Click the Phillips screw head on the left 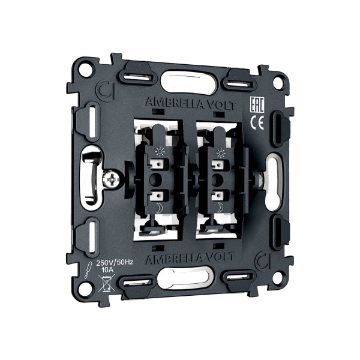pos(110,179)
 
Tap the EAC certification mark pos(257,105)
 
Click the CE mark pos(257,122)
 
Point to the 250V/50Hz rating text pos(115,262)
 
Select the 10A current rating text pos(107,270)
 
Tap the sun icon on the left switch pos(160,152)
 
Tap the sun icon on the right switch pos(221,153)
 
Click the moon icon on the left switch pos(160,208)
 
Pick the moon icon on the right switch pos(221,208)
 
